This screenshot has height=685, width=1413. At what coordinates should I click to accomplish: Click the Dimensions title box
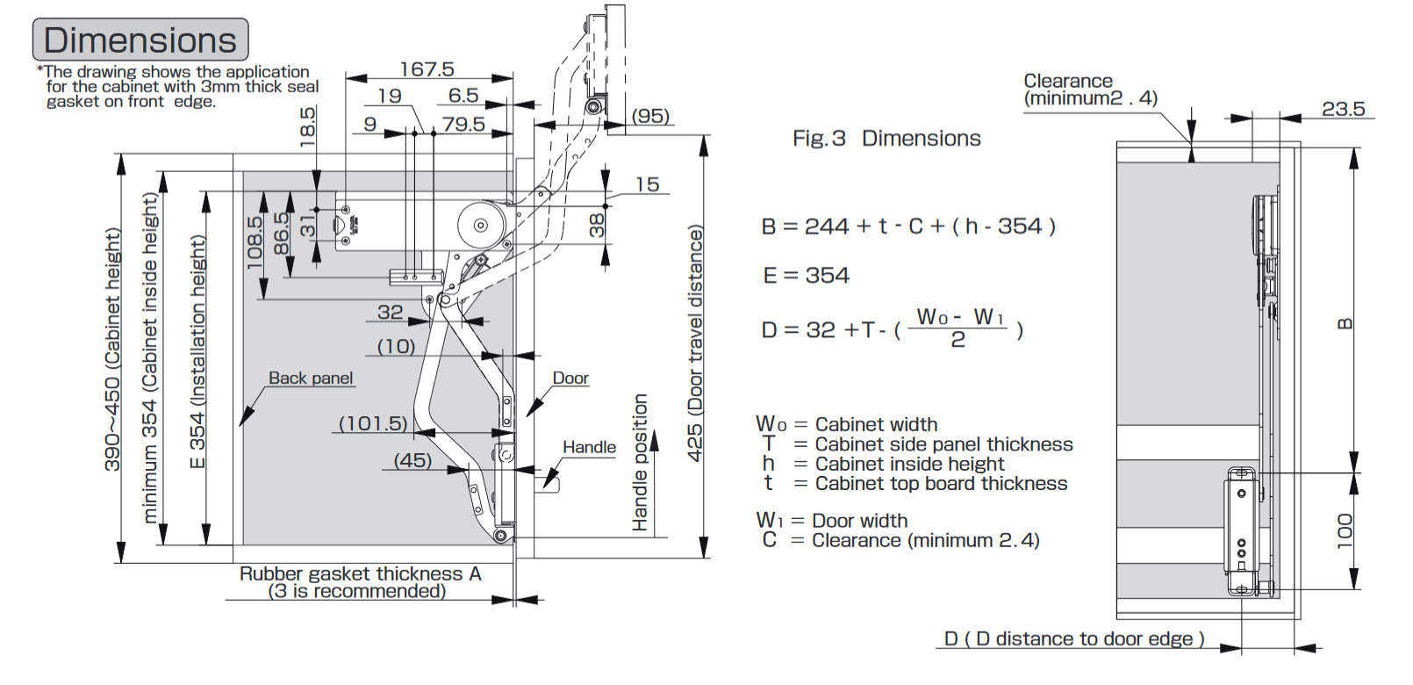point(140,40)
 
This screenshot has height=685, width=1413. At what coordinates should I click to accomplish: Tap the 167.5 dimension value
point(427,68)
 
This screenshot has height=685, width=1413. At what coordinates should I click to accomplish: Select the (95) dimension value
point(650,116)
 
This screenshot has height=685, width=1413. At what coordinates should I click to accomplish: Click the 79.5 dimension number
point(463,124)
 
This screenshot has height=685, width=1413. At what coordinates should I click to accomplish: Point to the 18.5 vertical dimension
point(307,126)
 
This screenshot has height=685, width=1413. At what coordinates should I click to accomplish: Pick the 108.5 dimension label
point(255,243)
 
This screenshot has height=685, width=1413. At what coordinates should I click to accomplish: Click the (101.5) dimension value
point(373,423)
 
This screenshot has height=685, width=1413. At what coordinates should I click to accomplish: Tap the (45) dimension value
point(412,460)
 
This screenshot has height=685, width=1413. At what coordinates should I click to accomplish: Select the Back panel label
point(311,378)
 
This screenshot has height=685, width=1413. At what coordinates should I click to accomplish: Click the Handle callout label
point(589,447)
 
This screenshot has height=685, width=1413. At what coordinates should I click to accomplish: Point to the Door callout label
point(570,378)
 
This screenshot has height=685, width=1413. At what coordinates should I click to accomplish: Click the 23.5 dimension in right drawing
point(1343,109)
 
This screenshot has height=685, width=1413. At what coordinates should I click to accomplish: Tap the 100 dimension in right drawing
point(1345,531)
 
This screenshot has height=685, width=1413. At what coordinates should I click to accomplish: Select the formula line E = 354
point(806,276)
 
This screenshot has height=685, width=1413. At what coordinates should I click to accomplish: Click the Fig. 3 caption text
point(886,138)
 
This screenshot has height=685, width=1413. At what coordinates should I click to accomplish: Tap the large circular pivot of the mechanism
point(480,225)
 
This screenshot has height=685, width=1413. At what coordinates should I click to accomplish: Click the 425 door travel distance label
point(695,342)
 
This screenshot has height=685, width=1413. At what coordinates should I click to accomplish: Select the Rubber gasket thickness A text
point(360,573)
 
